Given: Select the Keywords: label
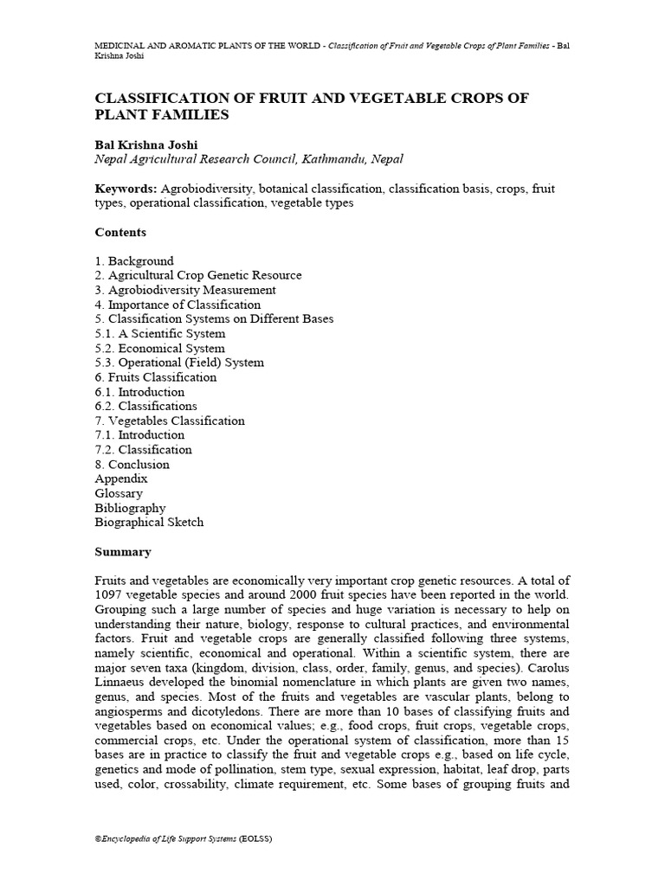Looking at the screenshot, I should [x=126, y=188].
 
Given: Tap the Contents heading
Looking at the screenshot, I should [x=120, y=232].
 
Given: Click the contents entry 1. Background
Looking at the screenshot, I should [x=134, y=260].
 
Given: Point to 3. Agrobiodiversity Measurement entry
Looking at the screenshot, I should [x=185, y=290].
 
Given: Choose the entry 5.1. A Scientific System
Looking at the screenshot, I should [x=160, y=333].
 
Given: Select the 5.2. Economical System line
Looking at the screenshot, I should [x=159, y=348].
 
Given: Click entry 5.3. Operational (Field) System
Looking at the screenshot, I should [x=179, y=363].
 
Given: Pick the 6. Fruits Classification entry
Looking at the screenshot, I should [x=156, y=377].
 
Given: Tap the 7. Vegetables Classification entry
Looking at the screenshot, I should [x=170, y=421].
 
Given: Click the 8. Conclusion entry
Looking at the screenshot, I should [x=132, y=464].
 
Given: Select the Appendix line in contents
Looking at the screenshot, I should [x=121, y=478].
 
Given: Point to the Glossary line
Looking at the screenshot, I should [x=119, y=493].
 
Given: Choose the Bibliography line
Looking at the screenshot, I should [x=130, y=508].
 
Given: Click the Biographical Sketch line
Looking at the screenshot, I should [x=149, y=523].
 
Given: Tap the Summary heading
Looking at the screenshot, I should [x=123, y=552].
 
